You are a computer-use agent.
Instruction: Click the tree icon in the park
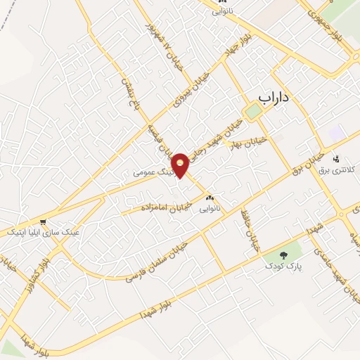point(284,255)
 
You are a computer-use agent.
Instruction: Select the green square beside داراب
point(252,112)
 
